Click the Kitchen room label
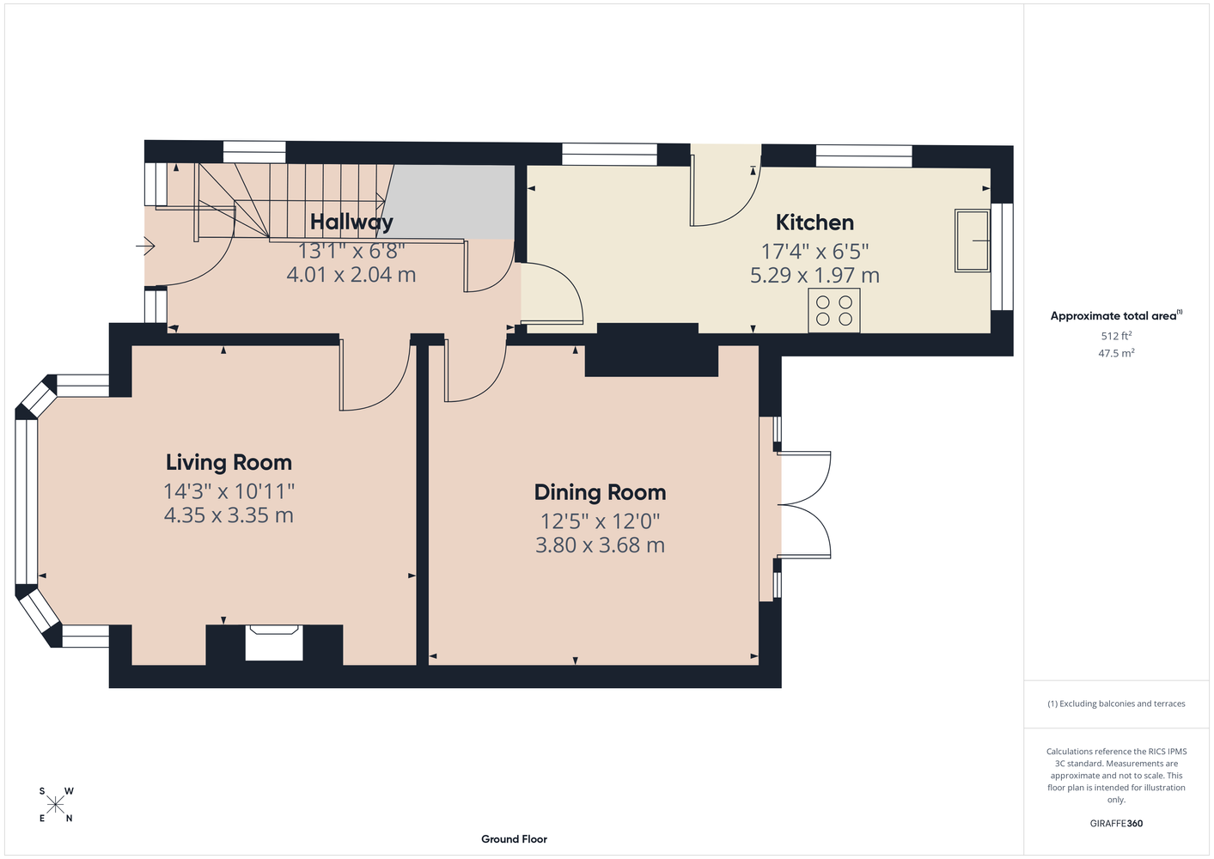[x=814, y=222]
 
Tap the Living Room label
[x=229, y=462]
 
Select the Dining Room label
[x=600, y=492]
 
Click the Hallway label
[x=351, y=222]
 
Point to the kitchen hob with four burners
[x=833, y=311]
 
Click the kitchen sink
[x=973, y=241]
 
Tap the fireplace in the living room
[x=274, y=643]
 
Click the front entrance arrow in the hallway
[x=145, y=247]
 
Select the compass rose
[x=56, y=805]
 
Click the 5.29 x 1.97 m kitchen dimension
[x=814, y=276]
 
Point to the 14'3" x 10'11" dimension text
[x=229, y=491]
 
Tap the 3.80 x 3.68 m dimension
[x=600, y=545]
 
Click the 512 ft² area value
[x=1116, y=336]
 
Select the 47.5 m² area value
[x=1116, y=353]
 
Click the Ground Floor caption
[x=514, y=839]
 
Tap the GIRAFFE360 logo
[x=1116, y=823]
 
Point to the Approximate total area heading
[x=1116, y=315]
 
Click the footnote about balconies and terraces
[x=1116, y=704]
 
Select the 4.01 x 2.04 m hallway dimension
[x=351, y=274]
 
